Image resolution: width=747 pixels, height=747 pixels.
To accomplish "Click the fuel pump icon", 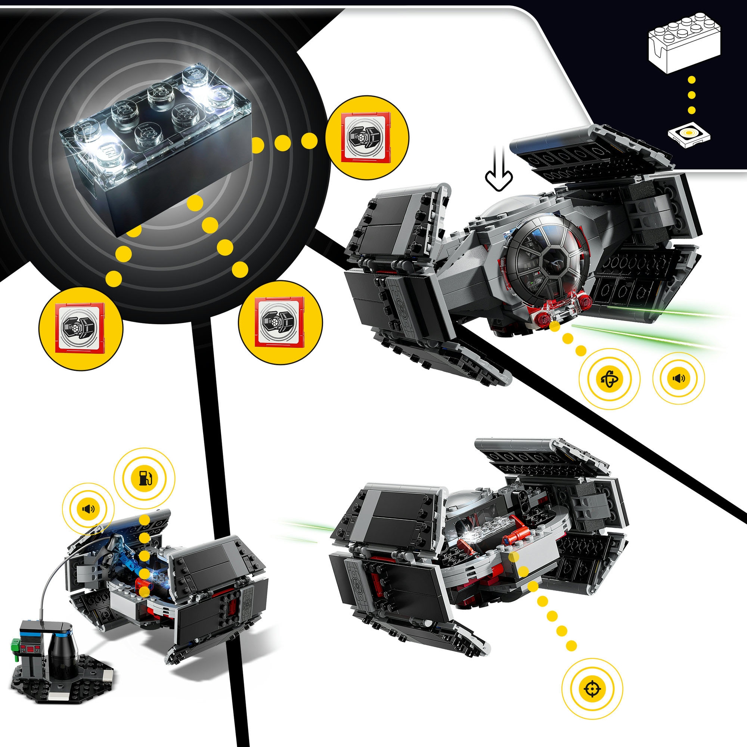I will pos(145,478).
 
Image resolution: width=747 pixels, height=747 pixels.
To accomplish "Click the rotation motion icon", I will pos(610,378).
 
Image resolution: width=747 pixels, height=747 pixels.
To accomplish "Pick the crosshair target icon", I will pos(592,689).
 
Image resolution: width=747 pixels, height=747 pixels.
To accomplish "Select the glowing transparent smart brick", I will pos(155,143).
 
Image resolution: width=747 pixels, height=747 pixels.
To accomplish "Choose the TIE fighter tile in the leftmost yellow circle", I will pos(80,328).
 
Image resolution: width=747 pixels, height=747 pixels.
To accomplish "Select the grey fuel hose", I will pos(54,580).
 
